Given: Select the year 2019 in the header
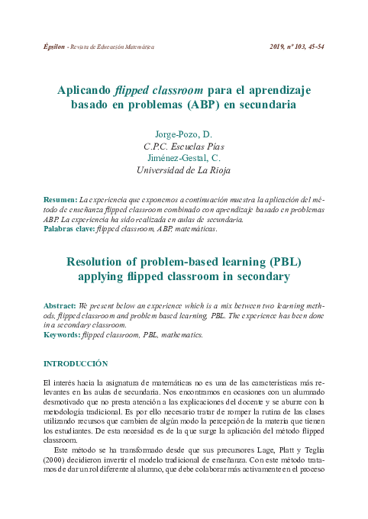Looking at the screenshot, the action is [x=278, y=47].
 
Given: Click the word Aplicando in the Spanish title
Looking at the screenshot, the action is [x=84, y=89].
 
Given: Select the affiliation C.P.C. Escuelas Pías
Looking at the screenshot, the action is [x=183, y=147].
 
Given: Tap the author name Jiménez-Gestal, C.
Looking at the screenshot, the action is [x=183, y=158].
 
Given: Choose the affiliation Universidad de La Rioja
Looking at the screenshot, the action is [x=183, y=170].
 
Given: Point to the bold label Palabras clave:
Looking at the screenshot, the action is [x=69, y=228].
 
